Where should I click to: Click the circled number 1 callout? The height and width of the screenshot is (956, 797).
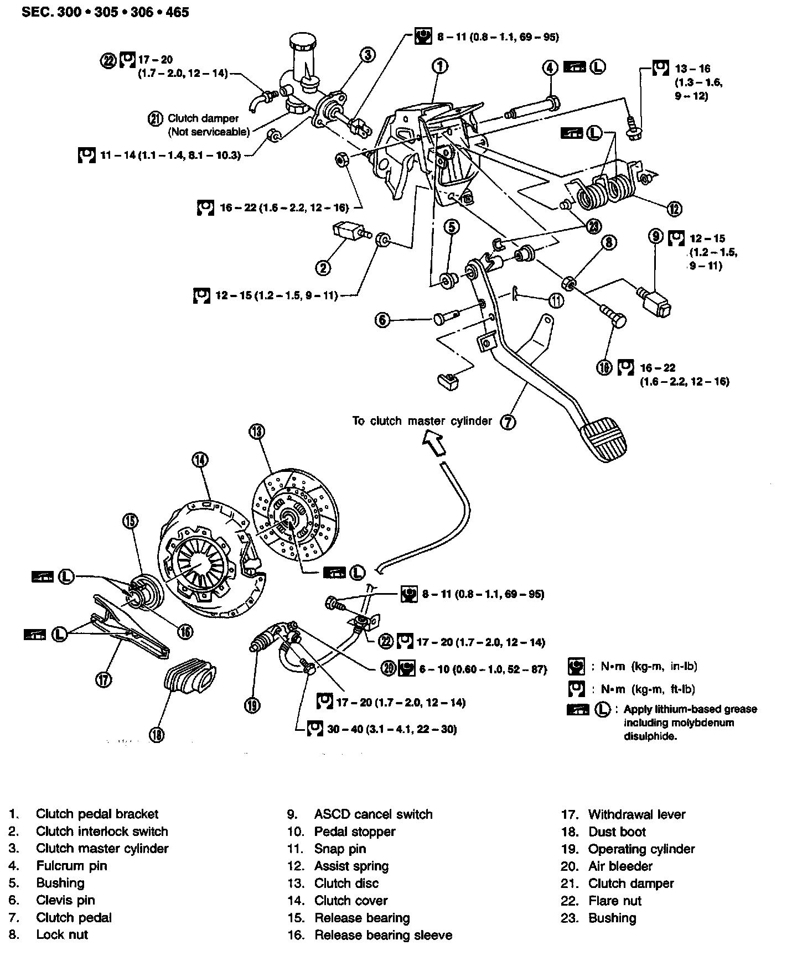point(439,66)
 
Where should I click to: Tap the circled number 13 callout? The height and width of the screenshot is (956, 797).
point(257,432)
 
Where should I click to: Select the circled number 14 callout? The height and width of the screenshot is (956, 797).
point(200,459)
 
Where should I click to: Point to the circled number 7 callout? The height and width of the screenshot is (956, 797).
point(508,422)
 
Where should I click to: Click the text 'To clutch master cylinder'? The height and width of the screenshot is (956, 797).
point(422,421)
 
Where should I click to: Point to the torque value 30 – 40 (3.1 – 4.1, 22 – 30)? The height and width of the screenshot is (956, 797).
point(392,729)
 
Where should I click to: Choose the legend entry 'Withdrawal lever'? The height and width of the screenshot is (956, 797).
point(636,814)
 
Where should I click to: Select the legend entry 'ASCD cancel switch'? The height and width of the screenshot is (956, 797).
point(373,814)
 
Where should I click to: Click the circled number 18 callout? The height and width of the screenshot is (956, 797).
point(157,735)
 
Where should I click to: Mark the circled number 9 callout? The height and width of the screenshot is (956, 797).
point(655,236)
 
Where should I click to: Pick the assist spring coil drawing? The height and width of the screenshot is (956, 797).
point(605,191)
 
